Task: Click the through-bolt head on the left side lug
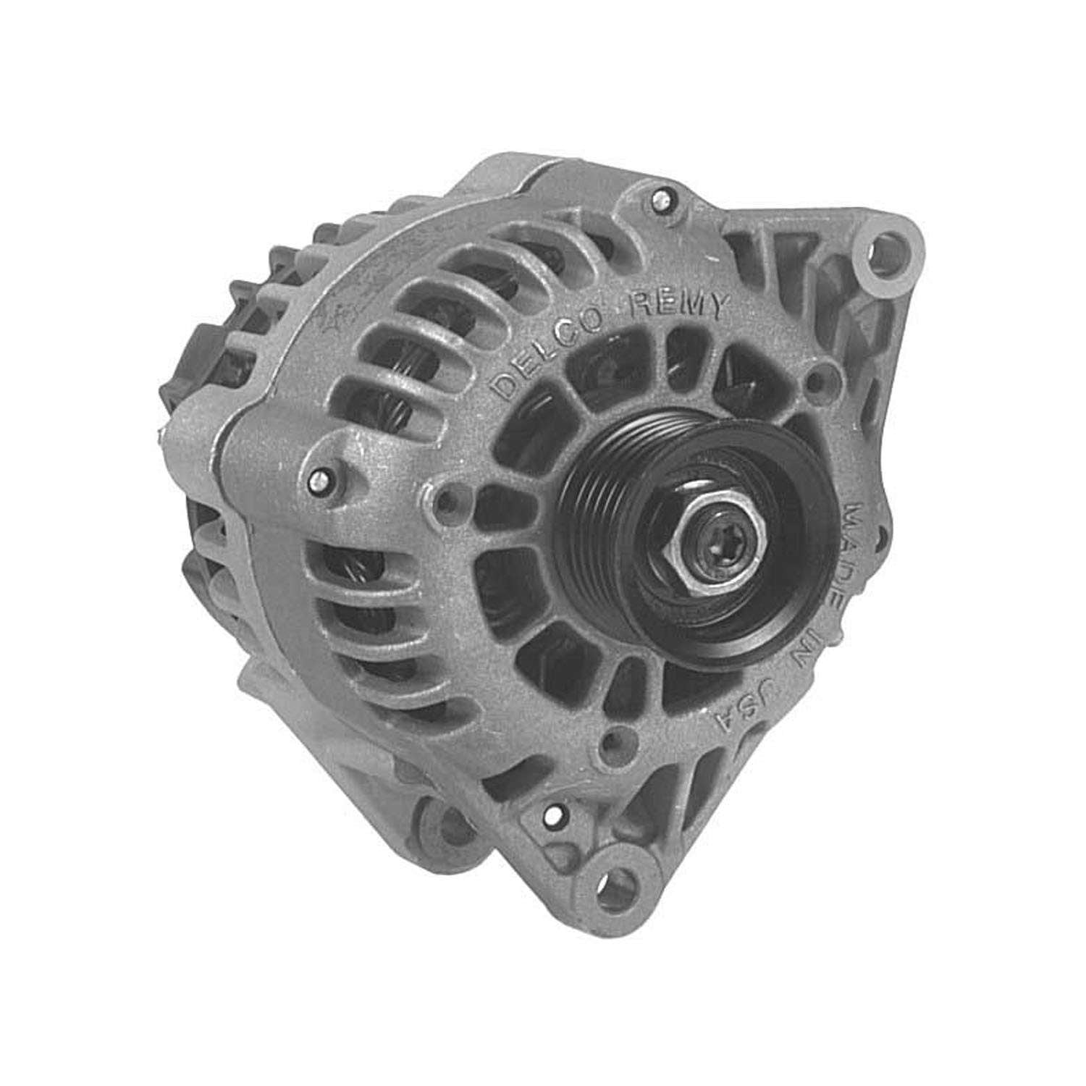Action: pyautogui.click(x=319, y=479)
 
